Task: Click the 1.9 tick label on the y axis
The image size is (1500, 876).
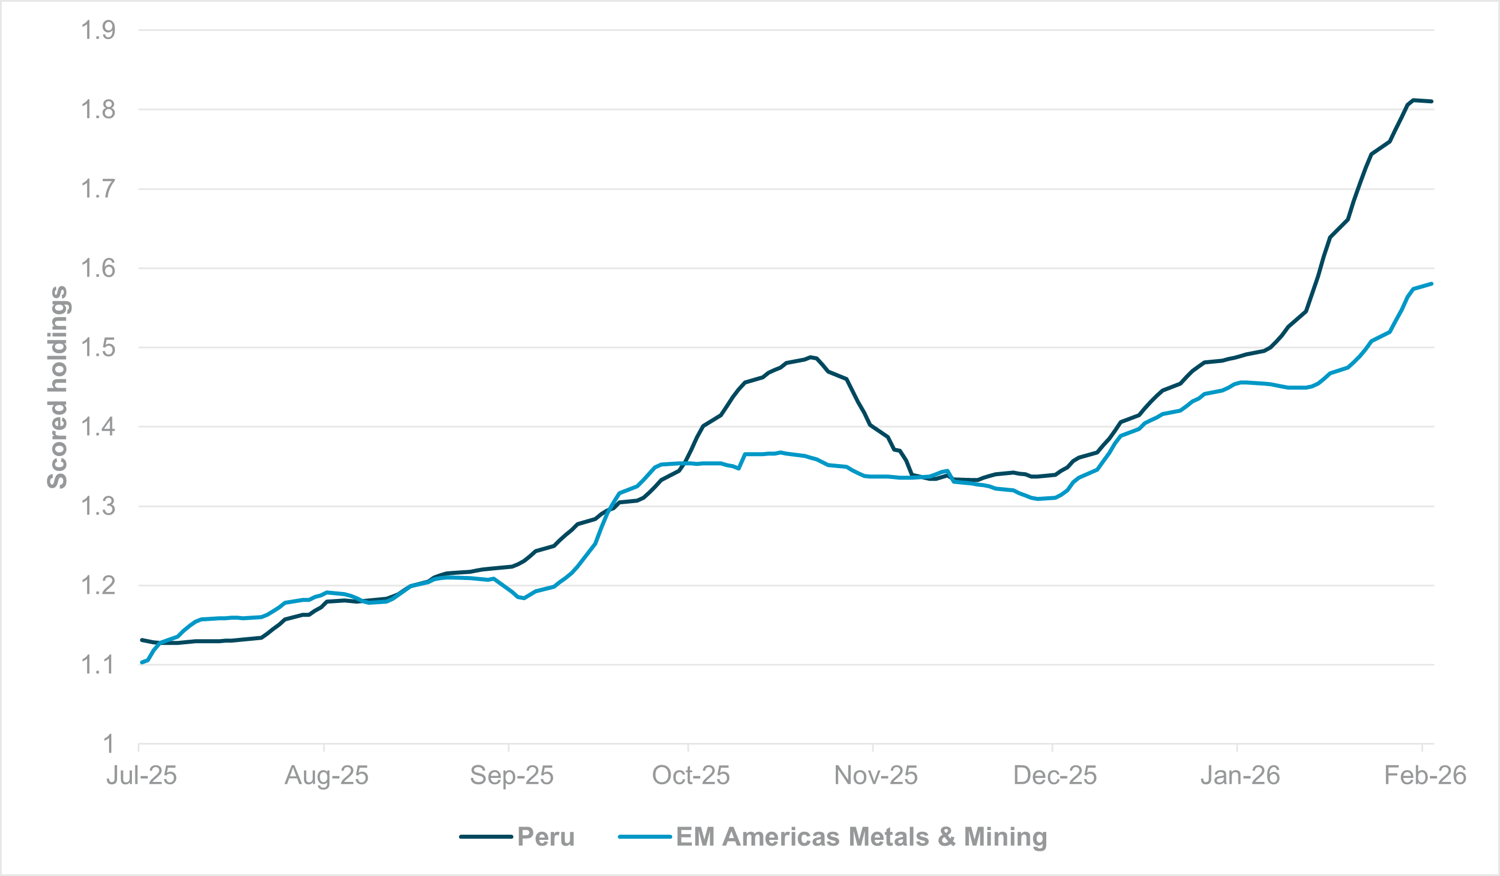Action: coord(98,30)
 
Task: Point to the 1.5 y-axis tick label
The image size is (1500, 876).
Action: coord(98,348)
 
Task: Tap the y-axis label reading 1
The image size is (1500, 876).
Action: coord(108,744)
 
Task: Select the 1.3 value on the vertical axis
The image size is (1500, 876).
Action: coord(98,507)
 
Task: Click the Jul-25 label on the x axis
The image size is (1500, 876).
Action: coord(142,776)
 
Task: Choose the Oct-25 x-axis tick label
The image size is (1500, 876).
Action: coord(691,776)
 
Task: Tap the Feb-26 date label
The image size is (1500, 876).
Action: coord(1425,776)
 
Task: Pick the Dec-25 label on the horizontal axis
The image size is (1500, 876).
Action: coord(1055,776)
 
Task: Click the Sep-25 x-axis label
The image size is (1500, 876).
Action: coord(511,776)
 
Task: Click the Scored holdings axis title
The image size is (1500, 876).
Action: coord(58,387)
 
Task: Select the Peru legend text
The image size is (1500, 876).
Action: coord(546,837)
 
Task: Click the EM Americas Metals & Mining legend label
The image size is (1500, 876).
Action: coord(862,837)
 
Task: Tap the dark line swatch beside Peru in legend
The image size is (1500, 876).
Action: coord(486,837)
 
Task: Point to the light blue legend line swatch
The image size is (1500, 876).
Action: coord(645,837)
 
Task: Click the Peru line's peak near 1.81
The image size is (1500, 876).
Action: coord(1413,100)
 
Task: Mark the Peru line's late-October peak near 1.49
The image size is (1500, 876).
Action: coord(811,357)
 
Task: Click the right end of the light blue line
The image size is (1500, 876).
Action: coord(1432,284)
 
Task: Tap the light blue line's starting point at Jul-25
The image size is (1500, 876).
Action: coord(142,663)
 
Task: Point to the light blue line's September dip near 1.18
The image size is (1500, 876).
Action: coord(524,598)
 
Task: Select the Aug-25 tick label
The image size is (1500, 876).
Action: coord(326,776)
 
